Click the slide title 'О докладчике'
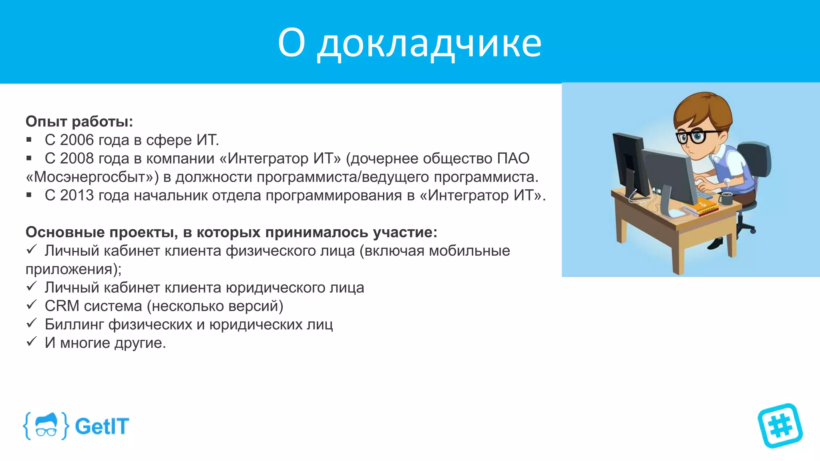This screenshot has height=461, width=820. click(410, 42)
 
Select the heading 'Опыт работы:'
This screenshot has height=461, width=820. click(79, 121)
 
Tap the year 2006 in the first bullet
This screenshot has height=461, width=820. click(77, 140)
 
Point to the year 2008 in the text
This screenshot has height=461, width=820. click(77, 158)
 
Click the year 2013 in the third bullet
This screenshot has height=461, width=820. click(77, 195)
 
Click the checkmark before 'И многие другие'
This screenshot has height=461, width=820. click(31, 342)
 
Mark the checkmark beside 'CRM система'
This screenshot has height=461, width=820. click(31, 305)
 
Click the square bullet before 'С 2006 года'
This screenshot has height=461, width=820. click(29, 140)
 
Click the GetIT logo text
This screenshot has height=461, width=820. click(102, 426)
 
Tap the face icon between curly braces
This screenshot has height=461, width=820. click(46, 426)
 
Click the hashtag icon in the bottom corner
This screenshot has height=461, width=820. click(780, 425)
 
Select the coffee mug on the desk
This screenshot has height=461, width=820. click(726, 198)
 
